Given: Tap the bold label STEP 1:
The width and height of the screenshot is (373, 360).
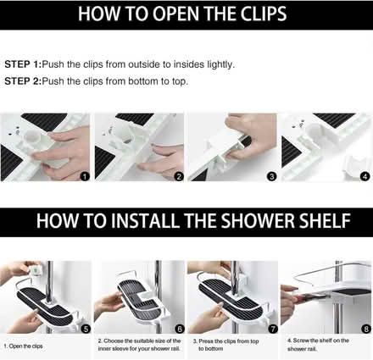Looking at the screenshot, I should [x=28, y=64].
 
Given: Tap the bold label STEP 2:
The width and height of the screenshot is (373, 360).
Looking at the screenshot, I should [x=28, y=81].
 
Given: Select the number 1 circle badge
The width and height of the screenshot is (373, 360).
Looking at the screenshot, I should [x=84, y=176].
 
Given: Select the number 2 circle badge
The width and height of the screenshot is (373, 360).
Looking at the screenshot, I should [x=178, y=176].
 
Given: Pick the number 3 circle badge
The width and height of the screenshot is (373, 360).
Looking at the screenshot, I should [x=271, y=176].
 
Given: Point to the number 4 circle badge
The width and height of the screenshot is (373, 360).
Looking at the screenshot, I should [x=365, y=176].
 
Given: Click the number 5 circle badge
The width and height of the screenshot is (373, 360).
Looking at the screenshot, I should [x=84, y=328].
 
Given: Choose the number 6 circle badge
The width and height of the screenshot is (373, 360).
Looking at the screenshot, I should [x=178, y=328].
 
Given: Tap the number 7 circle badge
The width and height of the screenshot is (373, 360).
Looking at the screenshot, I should [x=271, y=328].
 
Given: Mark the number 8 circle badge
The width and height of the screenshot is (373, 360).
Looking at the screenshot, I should [x=365, y=328].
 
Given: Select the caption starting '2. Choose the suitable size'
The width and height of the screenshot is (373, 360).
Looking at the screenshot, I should [x=139, y=346].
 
